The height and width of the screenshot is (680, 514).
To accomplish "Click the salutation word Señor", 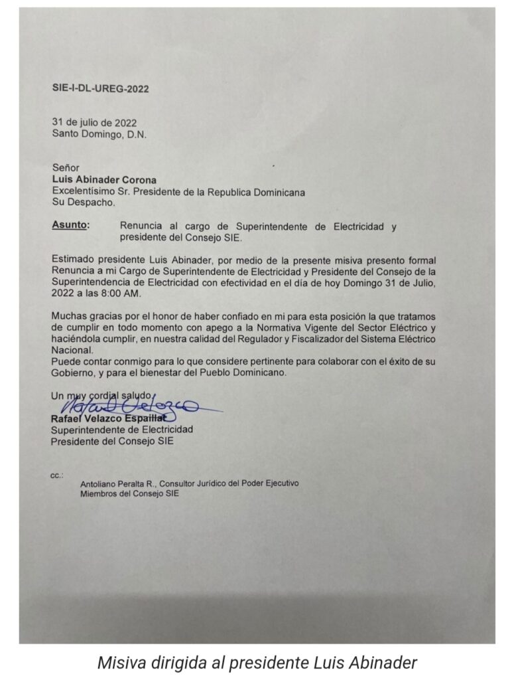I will [x=66, y=169].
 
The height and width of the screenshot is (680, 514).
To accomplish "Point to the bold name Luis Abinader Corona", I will [x=104, y=180].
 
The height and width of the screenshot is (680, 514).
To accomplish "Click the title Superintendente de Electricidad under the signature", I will [x=122, y=430].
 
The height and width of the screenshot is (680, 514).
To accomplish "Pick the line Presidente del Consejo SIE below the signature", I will [x=112, y=441].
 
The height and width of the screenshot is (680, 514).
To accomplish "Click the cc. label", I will [x=56, y=475].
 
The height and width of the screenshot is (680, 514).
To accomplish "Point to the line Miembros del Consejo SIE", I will [x=129, y=493].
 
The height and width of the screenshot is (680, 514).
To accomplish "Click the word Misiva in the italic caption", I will [x=118, y=662].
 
